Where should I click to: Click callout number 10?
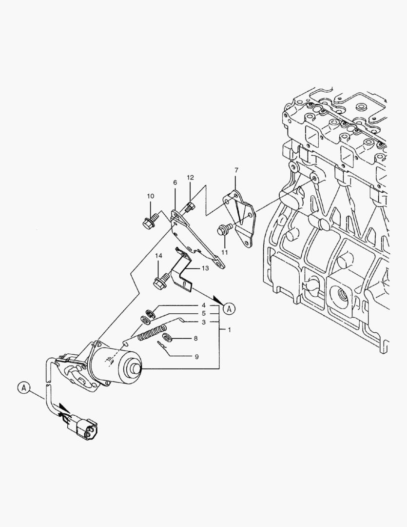(150, 196)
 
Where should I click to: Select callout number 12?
(190, 178)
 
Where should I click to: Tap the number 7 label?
(236, 170)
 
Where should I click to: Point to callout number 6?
(175, 182)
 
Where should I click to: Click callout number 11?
(225, 252)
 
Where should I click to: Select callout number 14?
(159, 256)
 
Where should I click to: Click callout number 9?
(196, 357)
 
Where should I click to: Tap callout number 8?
(195, 338)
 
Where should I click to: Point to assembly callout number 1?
(229, 330)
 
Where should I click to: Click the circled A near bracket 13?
(230, 308)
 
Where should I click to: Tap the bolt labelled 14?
(160, 282)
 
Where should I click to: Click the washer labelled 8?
(168, 338)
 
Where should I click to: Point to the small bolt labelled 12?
(190, 208)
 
